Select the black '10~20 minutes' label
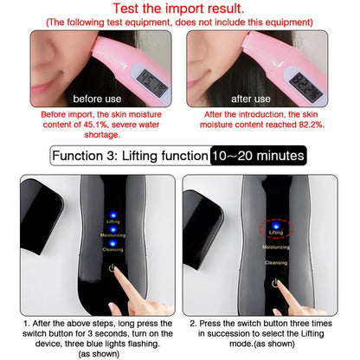pyautogui.click(x=257, y=157)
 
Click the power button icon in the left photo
pyautogui.click(x=112, y=269)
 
